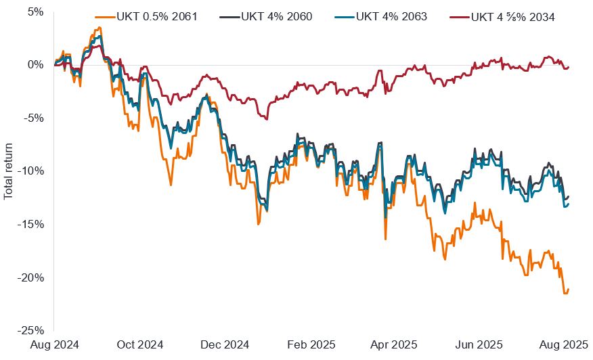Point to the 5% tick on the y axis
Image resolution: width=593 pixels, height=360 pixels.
point(35,12)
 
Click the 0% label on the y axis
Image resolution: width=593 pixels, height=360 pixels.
point(35,65)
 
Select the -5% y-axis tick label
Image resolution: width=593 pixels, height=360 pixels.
point(34,118)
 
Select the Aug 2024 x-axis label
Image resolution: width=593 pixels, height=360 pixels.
point(54,344)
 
